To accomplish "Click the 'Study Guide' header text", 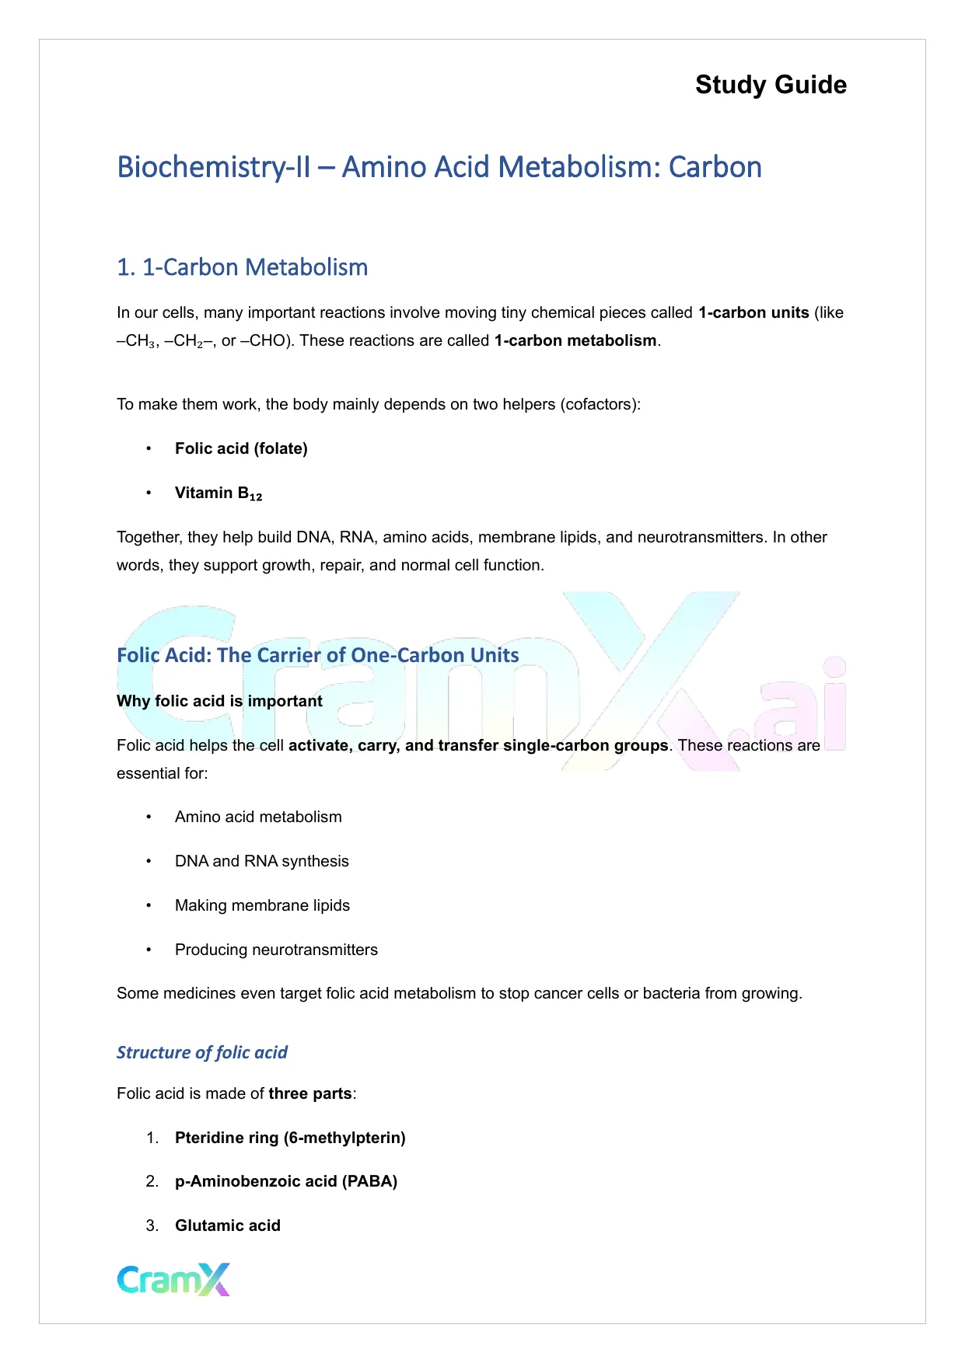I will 771,85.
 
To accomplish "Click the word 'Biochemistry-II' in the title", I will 213,167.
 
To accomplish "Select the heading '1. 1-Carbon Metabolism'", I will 242,267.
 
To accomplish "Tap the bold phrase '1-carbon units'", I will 753,312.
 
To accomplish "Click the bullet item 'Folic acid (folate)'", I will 241,448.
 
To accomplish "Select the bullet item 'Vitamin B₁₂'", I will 219,493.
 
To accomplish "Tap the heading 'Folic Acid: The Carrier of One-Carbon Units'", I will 317,655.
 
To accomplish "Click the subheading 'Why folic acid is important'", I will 219,701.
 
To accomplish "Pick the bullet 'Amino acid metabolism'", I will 258,817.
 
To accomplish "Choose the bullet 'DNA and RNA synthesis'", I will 261,861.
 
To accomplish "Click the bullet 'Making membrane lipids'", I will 262,905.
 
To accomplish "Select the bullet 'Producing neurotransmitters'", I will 276,950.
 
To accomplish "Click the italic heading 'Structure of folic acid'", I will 202,1052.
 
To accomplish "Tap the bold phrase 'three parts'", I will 310,1093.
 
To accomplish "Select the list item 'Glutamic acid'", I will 227,1225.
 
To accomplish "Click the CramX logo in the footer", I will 173,1279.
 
